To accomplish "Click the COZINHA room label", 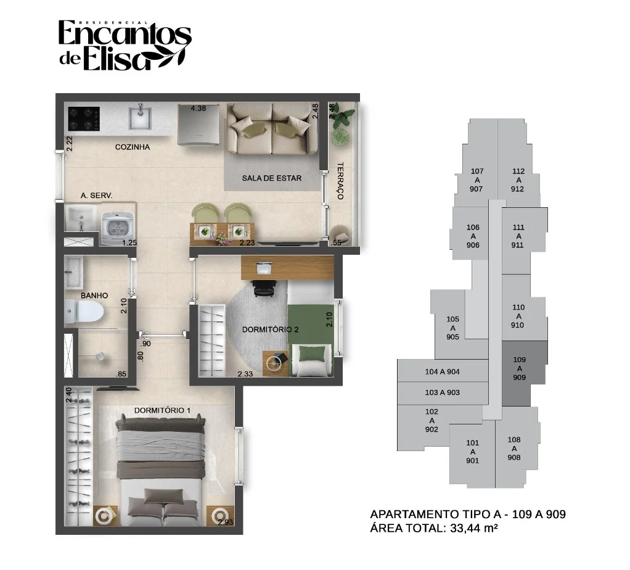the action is click(x=132, y=147).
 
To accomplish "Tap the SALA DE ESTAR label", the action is click(x=272, y=178).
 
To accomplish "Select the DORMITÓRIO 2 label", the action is click(x=270, y=329).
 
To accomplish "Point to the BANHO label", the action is click(x=94, y=295).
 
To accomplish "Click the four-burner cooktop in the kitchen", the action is click(x=84, y=118).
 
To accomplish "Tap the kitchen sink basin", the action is click(x=140, y=118).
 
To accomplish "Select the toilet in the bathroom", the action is click(x=84, y=312).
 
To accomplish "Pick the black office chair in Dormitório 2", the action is click(x=264, y=288).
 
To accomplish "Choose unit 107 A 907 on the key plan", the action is click(x=477, y=180).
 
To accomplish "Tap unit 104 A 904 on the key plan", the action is click(x=443, y=372).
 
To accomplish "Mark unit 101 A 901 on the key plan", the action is click(x=472, y=452).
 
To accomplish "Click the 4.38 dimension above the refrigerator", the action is click(x=198, y=109).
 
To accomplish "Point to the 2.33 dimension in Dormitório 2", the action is click(x=245, y=374).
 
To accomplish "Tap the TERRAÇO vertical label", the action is click(x=340, y=181).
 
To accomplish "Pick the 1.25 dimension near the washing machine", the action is click(x=129, y=242).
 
